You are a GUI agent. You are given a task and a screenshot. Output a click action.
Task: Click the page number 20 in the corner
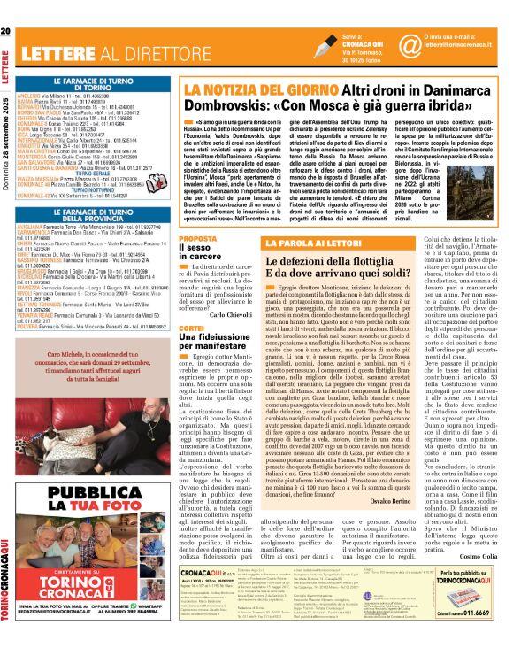(x=6, y=7)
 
